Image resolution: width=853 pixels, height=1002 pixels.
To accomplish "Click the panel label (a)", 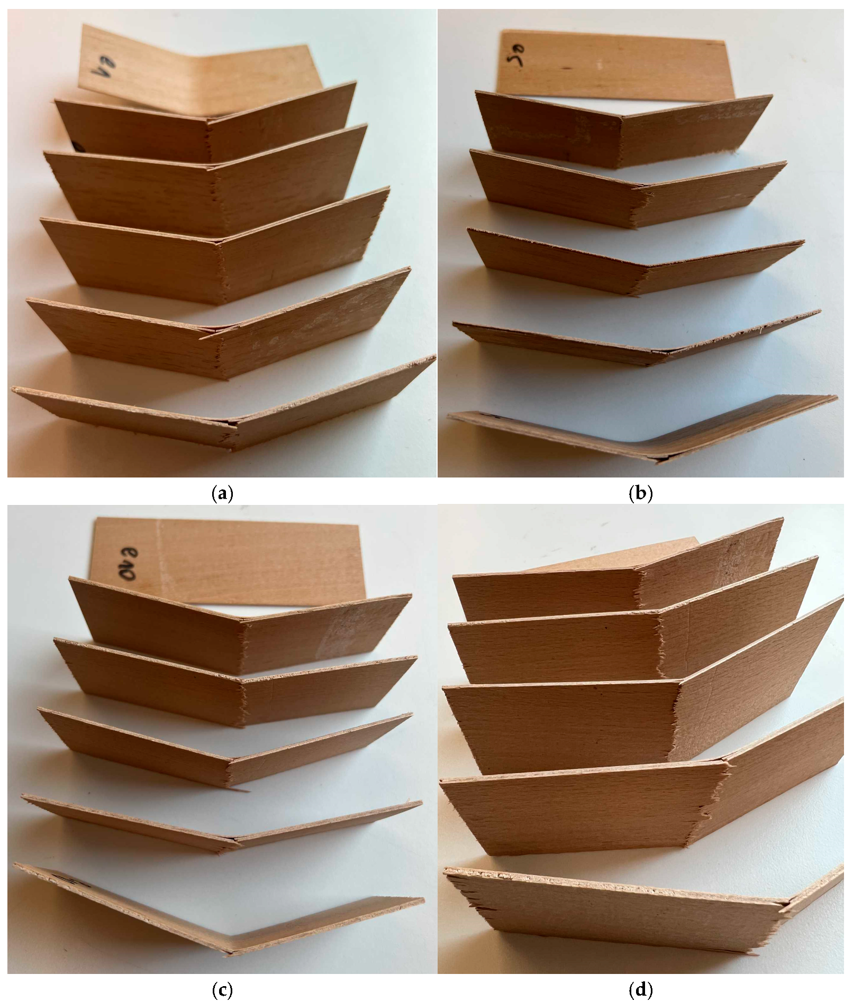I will coord(222,494).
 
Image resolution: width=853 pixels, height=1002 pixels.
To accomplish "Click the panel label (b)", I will coord(640,494).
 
